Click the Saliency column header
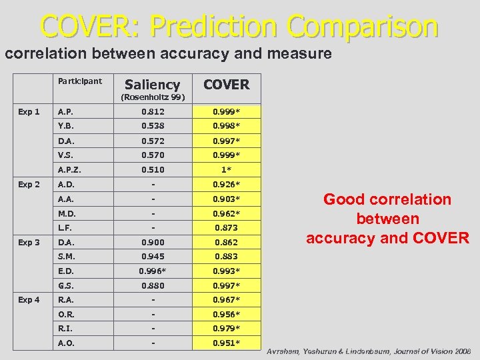tap(152, 85)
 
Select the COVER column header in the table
tap(226, 85)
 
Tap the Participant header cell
tap(79, 81)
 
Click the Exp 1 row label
tap(29, 111)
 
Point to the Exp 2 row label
tap(29, 185)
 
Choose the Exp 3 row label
tap(29, 242)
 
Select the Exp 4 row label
tap(29, 300)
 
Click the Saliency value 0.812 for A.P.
tap(152, 111)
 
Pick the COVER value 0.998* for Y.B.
tap(226, 126)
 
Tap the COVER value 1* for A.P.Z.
tap(226, 169)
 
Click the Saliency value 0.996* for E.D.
tap(153, 271)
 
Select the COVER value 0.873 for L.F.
tap(226, 227)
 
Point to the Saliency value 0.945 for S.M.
tap(152, 257)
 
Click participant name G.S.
tap(66, 286)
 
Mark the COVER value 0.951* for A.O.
tap(226, 343)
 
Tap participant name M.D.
tap(67, 213)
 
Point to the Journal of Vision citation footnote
tap(369, 351)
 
